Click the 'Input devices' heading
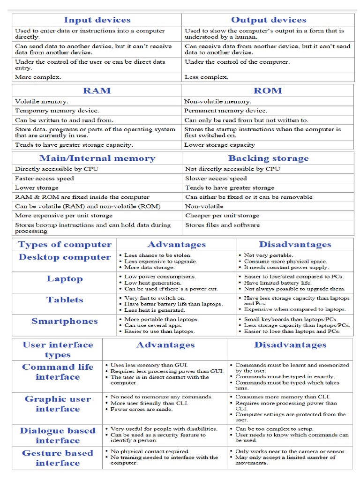tap(97, 20)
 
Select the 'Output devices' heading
tap(268, 20)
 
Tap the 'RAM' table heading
tap(97, 90)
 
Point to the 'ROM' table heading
tap(268, 90)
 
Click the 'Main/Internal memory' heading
tap(97, 158)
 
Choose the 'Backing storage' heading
tap(268, 158)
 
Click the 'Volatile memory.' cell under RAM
tap(42, 101)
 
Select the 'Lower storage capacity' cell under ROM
tap(219, 145)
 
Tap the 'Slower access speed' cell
tap(216, 178)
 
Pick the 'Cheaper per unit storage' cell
tap(222, 216)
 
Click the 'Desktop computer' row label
tap(65, 257)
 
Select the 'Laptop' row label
tap(65, 279)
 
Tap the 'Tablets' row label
tap(65, 300)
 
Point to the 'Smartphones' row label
tap(65, 321)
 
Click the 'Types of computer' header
tap(65, 244)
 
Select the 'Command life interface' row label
tap(58, 372)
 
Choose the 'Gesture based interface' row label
tap(58, 458)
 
